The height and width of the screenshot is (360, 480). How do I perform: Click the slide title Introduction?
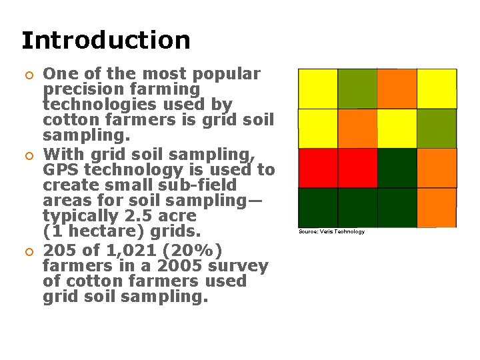[x=105, y=40]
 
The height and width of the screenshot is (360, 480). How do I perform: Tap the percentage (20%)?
[x=189, y=250]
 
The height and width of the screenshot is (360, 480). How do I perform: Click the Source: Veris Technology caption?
[x=331, y=231]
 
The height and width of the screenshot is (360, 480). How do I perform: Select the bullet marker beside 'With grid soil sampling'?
[x=27, y=155]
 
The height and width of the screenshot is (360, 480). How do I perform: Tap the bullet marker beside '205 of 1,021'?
[x=27, y=251]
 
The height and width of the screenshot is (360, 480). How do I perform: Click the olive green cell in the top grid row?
[x=357, y=89]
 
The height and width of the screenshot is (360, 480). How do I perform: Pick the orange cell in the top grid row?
[x=397, y=89]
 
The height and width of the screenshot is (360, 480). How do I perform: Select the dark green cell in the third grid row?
[x=397, y=168]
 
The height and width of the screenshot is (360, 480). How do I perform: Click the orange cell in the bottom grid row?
[x=437, y=207]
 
